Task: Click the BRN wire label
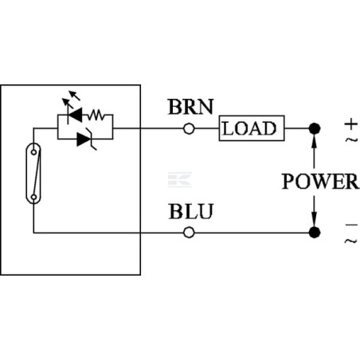point(190,107)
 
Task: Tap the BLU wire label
point(191,211)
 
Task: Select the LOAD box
point(252,128)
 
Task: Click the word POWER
point(320,182)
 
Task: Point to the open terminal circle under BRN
point(189,129)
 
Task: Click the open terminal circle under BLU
point(189,233)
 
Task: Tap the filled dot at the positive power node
point(315,129)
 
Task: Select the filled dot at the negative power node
point(315,233)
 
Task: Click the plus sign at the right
point(351,124)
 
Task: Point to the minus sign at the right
point(351,225)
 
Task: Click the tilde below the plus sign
point(351,139)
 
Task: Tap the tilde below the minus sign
point(351,241)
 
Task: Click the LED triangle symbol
point(75,115)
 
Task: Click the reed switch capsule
point(33,174)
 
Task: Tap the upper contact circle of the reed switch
point(33,152)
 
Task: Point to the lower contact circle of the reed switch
point(33,197)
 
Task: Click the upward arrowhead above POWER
point(314,141)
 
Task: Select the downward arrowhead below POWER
point(314,219)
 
